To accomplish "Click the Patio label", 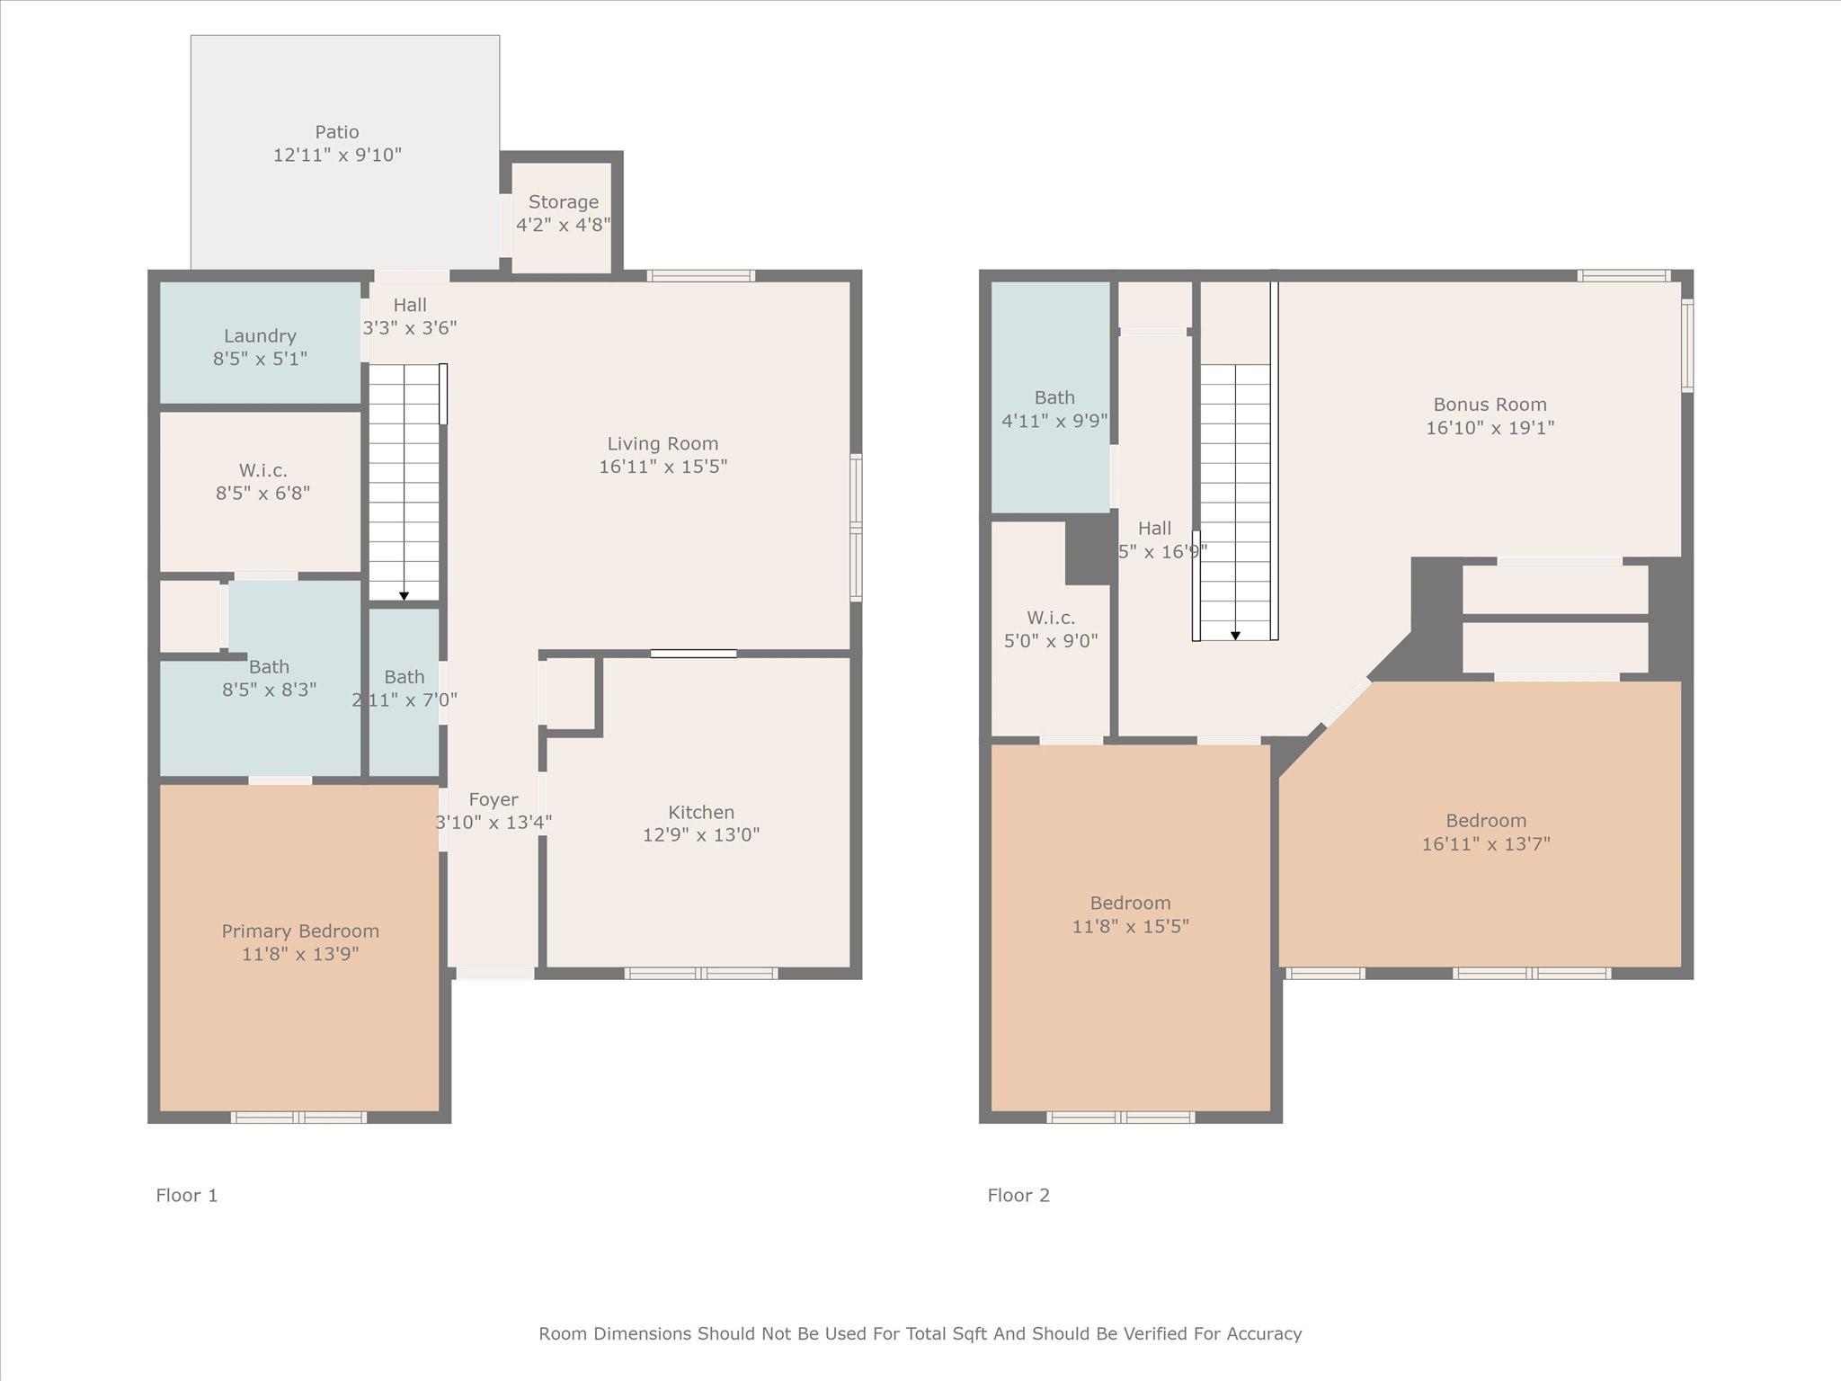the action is coord(337,132).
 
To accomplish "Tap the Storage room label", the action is coord(564,202).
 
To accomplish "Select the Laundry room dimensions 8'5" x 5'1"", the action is coord(260,359).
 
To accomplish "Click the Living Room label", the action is coord(663,443).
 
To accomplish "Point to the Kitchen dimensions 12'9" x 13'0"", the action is coord(701,834).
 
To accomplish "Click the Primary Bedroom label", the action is coord(300,931).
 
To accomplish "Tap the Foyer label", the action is coord(494,799).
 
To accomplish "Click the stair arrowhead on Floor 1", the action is coord(404,596).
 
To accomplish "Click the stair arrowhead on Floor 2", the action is coord(1235,636).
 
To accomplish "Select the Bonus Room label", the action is coord(1490,405).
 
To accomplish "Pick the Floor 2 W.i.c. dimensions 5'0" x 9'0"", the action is coord(1051,641).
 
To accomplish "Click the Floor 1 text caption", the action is coord(187,1195).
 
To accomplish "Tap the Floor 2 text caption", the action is coord(1018,1195).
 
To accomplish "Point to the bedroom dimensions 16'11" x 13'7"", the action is coord(1486,843).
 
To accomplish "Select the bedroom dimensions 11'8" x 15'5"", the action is coord(1131,926).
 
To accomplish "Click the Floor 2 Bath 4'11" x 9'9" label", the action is coord(1054,409).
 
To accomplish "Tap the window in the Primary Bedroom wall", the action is coord(298,1118).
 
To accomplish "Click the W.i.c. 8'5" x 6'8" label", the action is coord(262,481).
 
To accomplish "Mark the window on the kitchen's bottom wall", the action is coord(701,973).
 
